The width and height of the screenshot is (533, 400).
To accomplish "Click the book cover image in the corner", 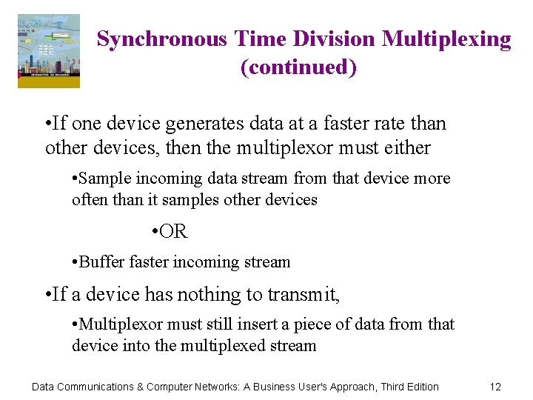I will pyautogui.click(x=49, y=51).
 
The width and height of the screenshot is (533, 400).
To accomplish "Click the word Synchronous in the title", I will pyautogui.click(x=161, y=39).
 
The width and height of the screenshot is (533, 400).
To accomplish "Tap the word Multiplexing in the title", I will pyautogui.click(x=446, y=39).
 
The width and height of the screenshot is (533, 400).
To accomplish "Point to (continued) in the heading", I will pyautogui.click(x=298, y=67).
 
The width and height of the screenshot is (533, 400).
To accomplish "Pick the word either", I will pyautogui.click(x=406, y=148).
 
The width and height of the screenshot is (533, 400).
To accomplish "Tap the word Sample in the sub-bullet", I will pyautogui.click(x=103, y=179).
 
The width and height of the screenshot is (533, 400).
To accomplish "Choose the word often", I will pyautogui.click(x=88, y=200).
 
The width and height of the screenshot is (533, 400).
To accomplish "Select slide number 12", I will pyautogui.click(x=495, y=387).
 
